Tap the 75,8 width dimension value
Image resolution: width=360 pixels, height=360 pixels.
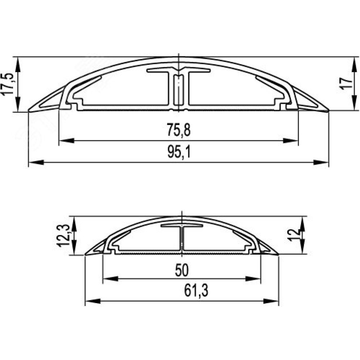click(179, 130)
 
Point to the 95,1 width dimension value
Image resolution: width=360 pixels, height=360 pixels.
click(179, 152)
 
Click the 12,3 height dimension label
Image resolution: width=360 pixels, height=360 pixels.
click(63, 235)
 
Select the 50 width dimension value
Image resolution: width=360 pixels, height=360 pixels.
click(182, 270)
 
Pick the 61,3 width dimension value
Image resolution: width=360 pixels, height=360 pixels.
click(196, 291)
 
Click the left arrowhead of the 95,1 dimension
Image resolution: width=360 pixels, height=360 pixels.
click(36, 163)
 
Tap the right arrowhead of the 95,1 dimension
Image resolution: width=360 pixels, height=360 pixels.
click(321, 163)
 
